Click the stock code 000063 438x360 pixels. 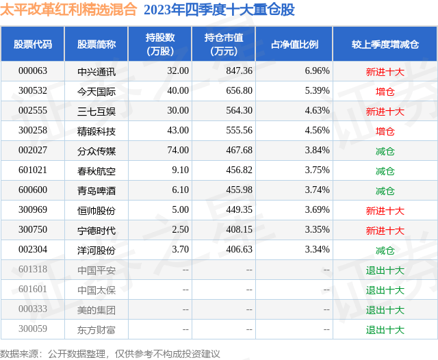pos(32,71)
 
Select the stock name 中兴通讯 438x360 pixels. pos(96,71)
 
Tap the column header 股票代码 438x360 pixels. pos(32,44)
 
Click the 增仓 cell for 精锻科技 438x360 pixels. pos(385,131)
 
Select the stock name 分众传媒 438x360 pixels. pos(96,151)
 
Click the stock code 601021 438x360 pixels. pos(32,170)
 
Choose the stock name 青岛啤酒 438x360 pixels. pos(96,191)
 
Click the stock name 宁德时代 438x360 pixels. pos(96,231)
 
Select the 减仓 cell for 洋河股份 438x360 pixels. pos(385,250)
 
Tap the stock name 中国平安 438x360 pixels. pos(96,270)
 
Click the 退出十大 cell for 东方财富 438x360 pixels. pos(385,330)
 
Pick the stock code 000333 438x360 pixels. pos(32,310)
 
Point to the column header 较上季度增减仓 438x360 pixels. pos(385,44)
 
